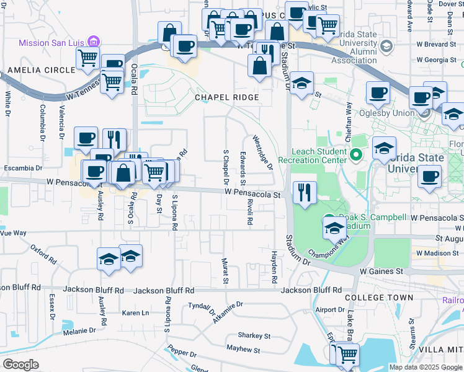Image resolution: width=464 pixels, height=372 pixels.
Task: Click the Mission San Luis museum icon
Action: pyautogui.click(x=93, y=42)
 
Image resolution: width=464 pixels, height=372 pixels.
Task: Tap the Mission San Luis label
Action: pyautogui.click(x=52, y=43)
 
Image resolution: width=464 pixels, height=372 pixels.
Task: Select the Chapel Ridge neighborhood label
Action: pyautogui.click(x=226, y=97)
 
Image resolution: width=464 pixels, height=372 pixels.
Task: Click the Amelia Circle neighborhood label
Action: pyautogui.click(x=37, y=70)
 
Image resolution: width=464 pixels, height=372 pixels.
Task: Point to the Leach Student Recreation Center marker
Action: pyautogui.click(x=356, y=154)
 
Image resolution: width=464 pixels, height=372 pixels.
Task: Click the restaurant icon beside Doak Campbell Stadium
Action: pyautogui.click(x=303, y=192)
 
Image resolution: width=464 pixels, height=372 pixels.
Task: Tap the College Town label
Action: pyautogui.click(x=379, y=298)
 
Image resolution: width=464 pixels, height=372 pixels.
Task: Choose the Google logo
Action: pyautogui.click(x=20, y=365)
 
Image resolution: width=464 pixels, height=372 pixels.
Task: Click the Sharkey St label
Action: pyautogui.click(x=256, y=336)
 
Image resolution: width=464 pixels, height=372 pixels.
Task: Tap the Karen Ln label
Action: pyautogui.click(x=136, y=313)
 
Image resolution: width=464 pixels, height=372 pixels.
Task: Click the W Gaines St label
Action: pyautogui.click(x=381, y=272)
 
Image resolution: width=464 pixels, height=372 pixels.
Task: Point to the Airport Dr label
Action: pyautogui.click(x=329, y=309)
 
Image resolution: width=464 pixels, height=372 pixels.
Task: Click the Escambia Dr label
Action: pyautogui.click(x=22, y=167)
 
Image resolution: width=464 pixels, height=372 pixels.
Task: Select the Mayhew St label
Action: pyautogui.click(x=243, y=350)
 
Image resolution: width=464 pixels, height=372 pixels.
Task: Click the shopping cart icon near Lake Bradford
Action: pyautogui.click(x=347, y=354)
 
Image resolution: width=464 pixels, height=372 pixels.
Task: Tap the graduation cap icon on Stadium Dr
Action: pyautogui.click(x=302, y=84)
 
